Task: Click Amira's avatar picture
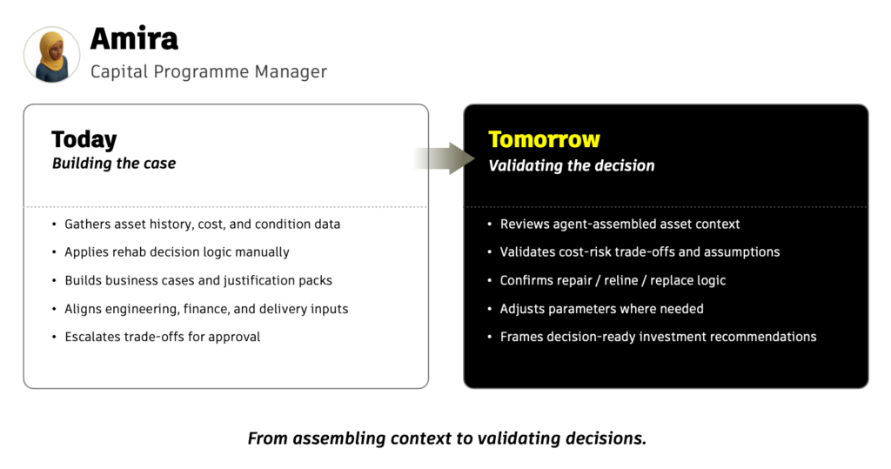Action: pos(51,55)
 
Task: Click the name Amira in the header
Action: pos(134,38)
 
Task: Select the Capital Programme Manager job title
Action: pos(209,71)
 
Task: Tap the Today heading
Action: pos(84,139)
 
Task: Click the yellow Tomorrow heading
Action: pos(544,139)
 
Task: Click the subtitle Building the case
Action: pos(114,164)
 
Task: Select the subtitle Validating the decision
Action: pos(571,166)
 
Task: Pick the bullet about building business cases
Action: pos(198,280)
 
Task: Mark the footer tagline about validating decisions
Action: pos(447,439)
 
